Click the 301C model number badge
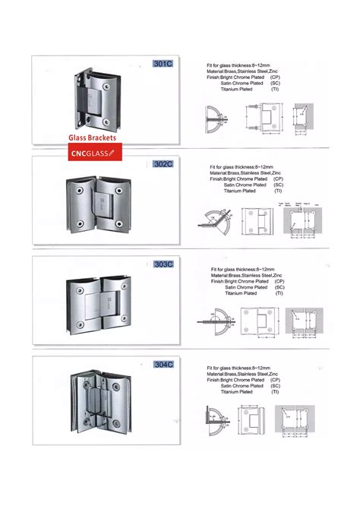[x=163, y=65]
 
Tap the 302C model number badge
[x=163, y=163]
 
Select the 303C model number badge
[x=163, y=264]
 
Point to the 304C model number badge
[x=163, y=364]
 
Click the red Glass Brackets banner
[x=89, y=139]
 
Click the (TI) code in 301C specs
[x=279, y=90]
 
